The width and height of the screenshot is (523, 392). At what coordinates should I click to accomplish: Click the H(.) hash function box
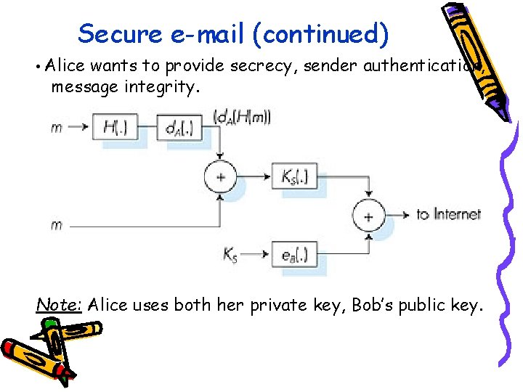115,128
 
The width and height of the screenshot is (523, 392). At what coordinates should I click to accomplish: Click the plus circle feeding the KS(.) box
220,176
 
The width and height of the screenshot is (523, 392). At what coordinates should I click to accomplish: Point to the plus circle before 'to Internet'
368,215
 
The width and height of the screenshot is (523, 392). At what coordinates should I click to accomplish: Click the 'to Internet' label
447,214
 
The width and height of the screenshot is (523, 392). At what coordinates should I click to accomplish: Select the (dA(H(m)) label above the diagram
242,116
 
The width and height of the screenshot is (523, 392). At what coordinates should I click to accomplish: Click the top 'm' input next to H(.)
56,128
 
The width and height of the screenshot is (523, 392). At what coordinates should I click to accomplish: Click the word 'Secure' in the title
116,34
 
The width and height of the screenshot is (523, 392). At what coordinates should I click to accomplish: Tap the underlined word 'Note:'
59,305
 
